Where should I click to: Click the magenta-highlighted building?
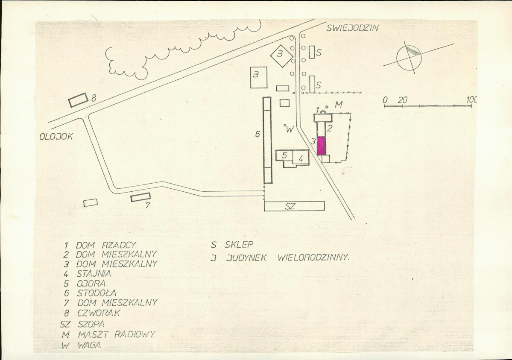point(322,146)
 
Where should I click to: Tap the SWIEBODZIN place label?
point(352,27)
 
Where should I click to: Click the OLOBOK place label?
point(56,137)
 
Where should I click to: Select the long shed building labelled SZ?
point(294,206)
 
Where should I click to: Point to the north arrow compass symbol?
point(409,58)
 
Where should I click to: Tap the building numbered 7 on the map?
point(141,197)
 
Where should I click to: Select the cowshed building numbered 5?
point(284,155)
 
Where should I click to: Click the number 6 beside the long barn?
point(257,134)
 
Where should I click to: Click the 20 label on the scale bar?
point(403,100)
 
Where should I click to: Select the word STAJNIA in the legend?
point(94,273)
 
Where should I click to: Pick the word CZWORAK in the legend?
point(99,313)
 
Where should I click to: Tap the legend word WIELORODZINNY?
point(313,258)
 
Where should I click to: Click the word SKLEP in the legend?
point(239,244)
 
